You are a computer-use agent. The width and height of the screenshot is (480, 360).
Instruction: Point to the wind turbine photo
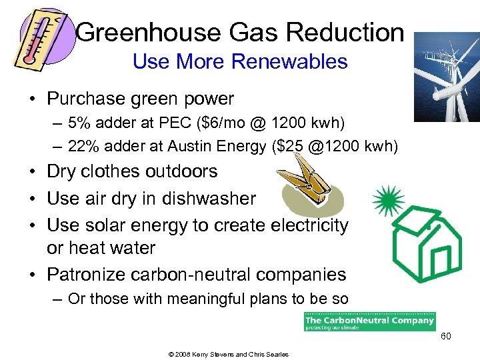click(x=446, y=77)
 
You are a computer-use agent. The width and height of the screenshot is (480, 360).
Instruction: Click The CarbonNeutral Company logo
click(x=369, y=321)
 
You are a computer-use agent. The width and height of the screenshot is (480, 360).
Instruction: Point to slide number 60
click(x=445, y=337)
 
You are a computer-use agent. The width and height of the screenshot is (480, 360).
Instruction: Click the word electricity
click(x=309, y=226)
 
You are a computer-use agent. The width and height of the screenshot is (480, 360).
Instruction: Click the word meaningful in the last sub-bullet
click(x=195, y=299)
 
